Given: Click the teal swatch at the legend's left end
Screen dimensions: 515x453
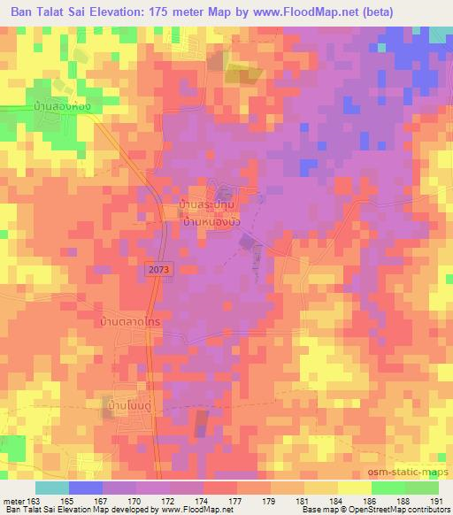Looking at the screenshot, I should pos(52,487).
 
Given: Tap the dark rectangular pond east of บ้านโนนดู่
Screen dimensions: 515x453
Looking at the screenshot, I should pos(202,424).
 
